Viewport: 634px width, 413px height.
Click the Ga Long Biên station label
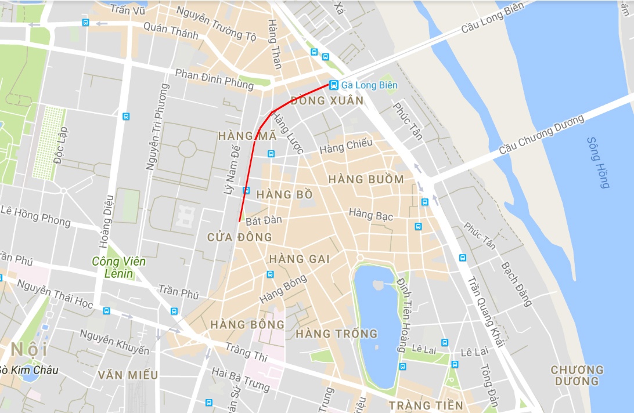coord(369,85)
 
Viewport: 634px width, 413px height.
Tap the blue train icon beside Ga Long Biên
coord(333,85)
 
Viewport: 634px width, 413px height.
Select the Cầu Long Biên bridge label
coord(492,17)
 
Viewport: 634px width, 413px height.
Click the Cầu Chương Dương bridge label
coord(541,135)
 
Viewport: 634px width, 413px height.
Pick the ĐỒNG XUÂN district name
coord(327,100)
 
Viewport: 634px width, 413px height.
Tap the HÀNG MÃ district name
coord(239,136)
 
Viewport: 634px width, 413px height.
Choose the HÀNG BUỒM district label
coord(366,179)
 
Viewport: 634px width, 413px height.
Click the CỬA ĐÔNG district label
coord(239,237)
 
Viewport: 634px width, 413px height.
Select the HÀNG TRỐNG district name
coord(336,334)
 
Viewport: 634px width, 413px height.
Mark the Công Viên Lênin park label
coord(118,267)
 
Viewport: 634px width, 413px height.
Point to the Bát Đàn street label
coord(264,220)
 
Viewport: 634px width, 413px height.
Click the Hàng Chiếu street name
coord(345,147)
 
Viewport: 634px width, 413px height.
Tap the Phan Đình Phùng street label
coord(214,79)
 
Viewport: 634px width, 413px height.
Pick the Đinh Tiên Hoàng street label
coord(402,314)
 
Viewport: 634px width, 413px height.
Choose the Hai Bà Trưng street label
coord(240,379)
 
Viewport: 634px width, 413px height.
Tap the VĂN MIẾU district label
coord(128,375)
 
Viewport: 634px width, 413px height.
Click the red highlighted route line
coord(248,174)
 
